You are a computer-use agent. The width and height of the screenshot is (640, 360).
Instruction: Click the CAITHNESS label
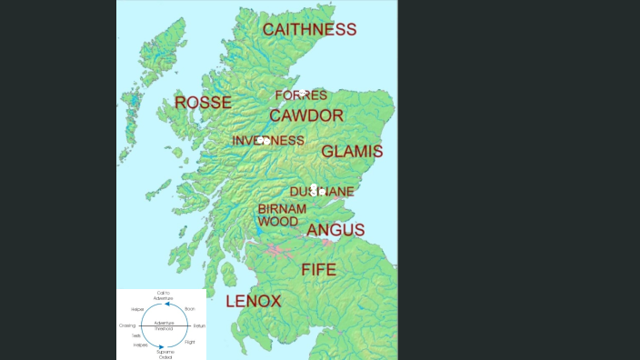click(309, 29)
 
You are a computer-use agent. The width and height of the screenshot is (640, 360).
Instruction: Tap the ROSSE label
click(203, 102)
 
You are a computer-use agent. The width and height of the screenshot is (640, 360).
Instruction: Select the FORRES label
click(300, 95)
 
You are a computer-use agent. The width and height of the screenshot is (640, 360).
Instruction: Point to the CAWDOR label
click(306, 116)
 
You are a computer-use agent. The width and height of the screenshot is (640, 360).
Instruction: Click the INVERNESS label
click(268, 140)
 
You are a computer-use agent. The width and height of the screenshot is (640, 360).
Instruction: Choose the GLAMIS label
click(352, 151)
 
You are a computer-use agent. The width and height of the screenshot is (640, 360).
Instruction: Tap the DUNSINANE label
click(322, 192)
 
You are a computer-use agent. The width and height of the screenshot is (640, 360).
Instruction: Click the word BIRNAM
click(282, 209)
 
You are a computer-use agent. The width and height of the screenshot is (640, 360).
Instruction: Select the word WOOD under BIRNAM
click(277, 221)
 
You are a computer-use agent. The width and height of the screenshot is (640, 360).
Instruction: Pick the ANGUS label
click(335, 230)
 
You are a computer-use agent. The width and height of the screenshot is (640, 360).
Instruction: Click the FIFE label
click(318, 269)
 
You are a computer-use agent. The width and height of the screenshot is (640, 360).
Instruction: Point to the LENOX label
click(253, 300)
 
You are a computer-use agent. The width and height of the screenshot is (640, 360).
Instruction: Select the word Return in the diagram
click(199, 325)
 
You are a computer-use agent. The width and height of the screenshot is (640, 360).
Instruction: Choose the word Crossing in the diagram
click(127, 325)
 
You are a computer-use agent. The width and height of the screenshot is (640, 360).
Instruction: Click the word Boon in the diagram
click(190, 309)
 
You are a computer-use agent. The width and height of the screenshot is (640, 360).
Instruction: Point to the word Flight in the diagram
click(190, 342)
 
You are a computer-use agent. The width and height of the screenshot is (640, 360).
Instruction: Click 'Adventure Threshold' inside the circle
click(164, 325)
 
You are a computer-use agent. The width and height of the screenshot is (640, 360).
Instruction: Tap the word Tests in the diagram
click(135, 335)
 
